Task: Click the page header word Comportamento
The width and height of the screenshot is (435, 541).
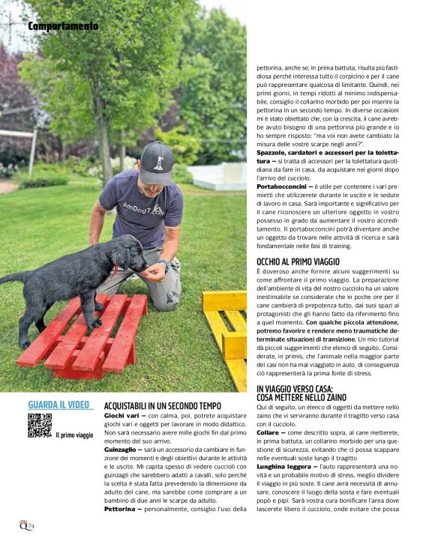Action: [x=63, y=26]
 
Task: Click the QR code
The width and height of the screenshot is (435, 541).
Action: [x=40, y=425]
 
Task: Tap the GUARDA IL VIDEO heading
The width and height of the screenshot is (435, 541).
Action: [x=59, y=405]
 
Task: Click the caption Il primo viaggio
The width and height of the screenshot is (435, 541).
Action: [x=74, y=435]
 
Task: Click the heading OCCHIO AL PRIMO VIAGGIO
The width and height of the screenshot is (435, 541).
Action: [x=298, y=262]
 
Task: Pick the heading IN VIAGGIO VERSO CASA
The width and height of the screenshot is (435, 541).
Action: [x=295, y=388]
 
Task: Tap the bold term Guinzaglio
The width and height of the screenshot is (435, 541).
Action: [x=121, y=450]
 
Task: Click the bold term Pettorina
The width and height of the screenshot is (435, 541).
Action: [x=120, y=509]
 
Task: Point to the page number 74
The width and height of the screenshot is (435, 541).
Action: [x=28, y=525]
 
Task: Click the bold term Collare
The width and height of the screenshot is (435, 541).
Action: [x=267, y=432]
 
